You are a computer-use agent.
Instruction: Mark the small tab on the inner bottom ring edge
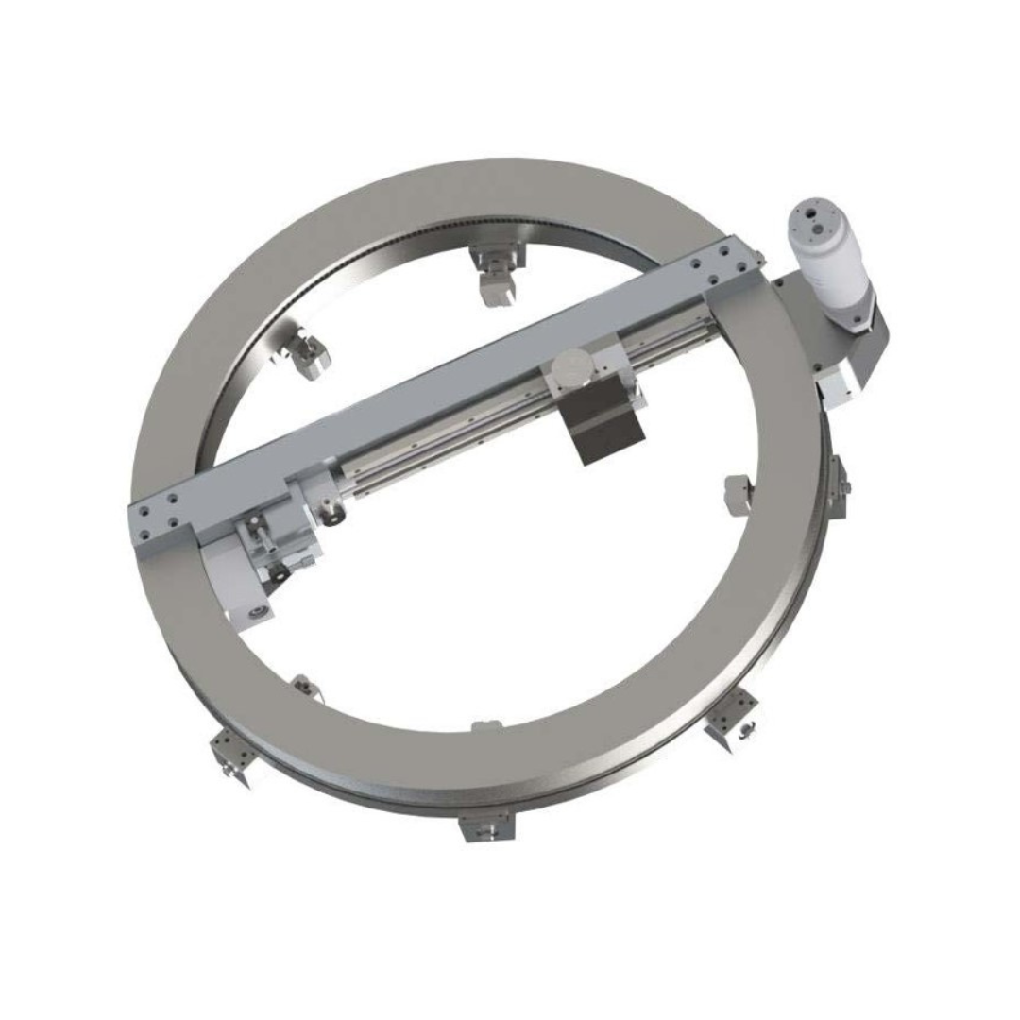tap(484, 726)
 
